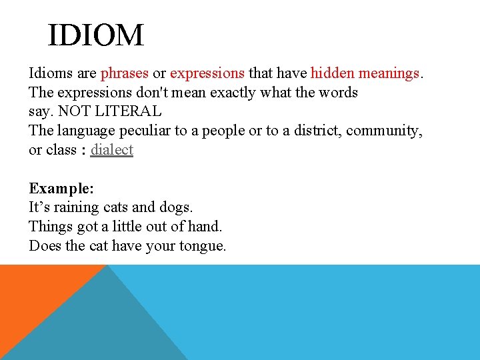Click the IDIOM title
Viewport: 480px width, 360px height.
click(95, 35)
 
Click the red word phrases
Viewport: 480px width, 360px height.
click(124, 73)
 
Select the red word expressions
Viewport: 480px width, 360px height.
click(207, 73)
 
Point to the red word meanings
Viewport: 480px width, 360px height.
click(389, 73)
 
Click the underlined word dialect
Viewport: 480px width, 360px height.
click(112, 150)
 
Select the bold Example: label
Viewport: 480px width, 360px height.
click(61, 189)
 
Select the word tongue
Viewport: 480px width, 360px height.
click(203, 246)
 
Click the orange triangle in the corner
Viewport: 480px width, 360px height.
click(33, 293)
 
